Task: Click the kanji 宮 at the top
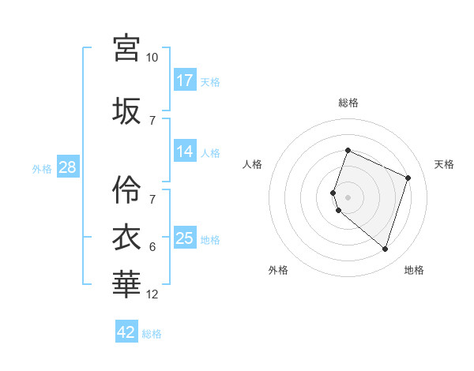126,47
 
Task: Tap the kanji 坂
126,110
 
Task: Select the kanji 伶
126,189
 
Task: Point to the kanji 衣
126,236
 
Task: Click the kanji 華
126,283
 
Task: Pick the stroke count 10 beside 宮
152,58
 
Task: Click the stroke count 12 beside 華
152,294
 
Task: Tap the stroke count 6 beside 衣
152,247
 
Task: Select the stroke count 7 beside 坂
152,120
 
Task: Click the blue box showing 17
185,81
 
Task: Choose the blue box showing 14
185,152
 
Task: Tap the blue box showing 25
185,238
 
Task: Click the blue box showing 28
67,167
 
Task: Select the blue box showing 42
126,332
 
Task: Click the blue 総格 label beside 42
152,334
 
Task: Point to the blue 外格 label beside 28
42,168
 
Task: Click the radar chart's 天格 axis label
444,164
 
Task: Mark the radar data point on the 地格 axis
385,249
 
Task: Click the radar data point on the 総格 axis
348,151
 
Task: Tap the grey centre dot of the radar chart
348,197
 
